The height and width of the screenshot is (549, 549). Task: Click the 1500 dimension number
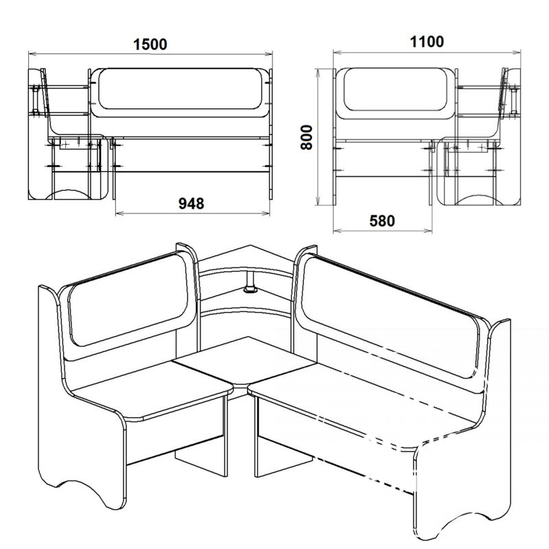click(150, 45)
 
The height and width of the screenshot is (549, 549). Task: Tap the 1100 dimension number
click(427, 42)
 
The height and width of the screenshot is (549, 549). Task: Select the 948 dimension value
click(191, 203)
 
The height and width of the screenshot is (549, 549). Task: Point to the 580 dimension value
click(382, 221)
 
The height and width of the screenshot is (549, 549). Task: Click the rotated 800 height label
click(306, 137)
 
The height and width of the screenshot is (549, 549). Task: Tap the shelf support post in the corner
click(250, 281)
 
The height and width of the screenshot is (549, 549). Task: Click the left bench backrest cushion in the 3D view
click(131, 299)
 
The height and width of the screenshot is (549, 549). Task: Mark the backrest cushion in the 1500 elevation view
click(180, 89)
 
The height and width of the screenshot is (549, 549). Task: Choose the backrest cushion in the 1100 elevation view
click(395, 89)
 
